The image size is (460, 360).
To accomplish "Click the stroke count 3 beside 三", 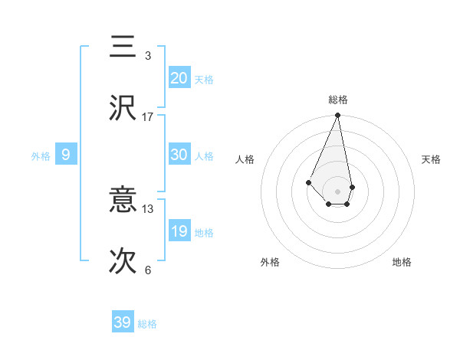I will (x=148, y=56).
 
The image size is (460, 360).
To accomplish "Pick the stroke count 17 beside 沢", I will (x=148, y=117).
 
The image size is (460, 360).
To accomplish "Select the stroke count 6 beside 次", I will (x=148, y=270).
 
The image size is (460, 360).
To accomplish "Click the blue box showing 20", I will (x=179, y=77).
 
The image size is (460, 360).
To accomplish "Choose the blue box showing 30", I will (x=179, y=154).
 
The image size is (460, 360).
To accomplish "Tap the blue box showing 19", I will (x=179, y=231).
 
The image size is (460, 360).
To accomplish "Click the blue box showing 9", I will (x=66, y=155).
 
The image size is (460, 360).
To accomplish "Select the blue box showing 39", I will (x=123, y=322).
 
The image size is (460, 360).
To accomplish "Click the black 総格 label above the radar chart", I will (x=338, y=100).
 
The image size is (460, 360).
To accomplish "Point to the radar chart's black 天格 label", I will (x=432, y=159).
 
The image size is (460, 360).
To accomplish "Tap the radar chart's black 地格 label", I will (x=402, y=262).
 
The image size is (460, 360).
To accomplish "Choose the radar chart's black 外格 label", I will (x=270, y=262).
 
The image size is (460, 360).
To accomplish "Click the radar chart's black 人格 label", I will (x=245, y=159).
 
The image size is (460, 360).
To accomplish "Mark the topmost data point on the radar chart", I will (x=338, y=116).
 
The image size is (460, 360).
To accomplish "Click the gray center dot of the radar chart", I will (x=338, y=191).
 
